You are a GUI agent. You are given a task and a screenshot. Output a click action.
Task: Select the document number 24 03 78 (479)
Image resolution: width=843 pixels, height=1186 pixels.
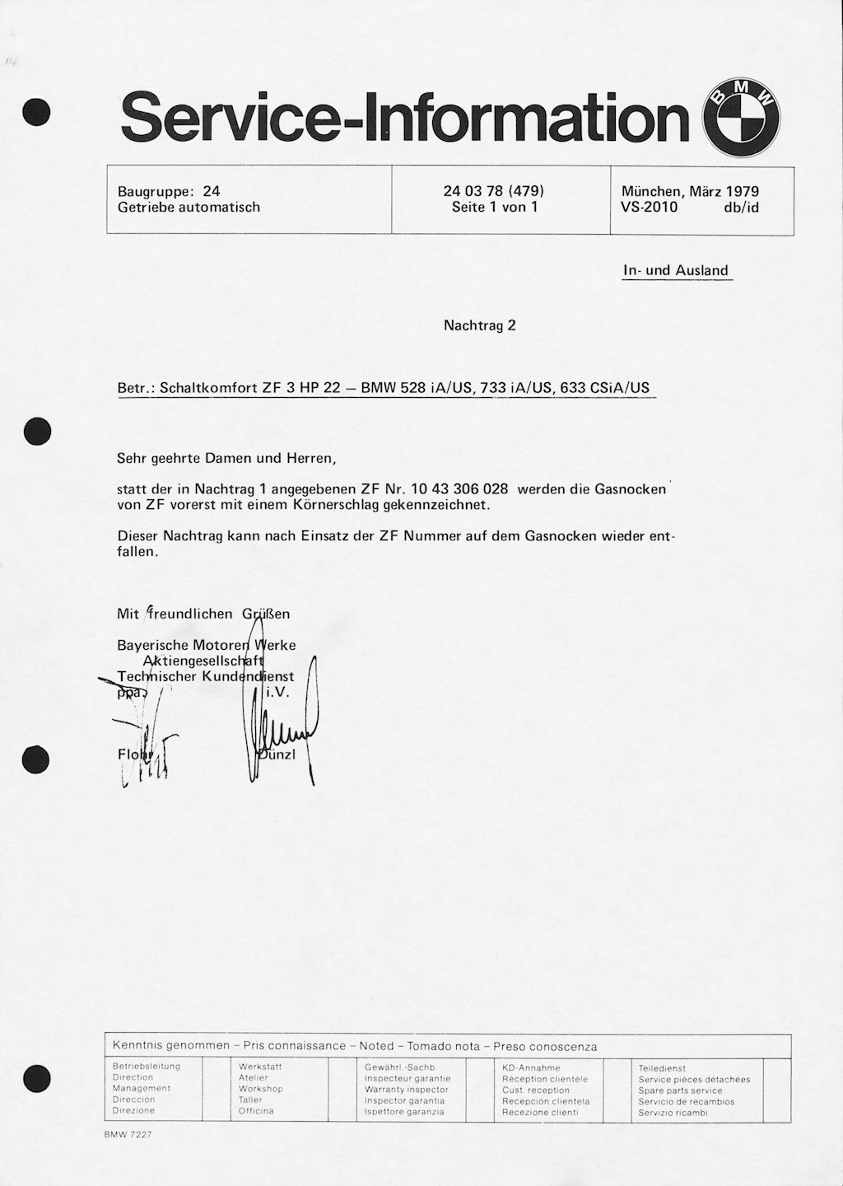(x=494, y=191)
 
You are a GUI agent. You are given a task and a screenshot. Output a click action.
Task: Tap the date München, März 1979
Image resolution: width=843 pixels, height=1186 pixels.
(x=690, y=192)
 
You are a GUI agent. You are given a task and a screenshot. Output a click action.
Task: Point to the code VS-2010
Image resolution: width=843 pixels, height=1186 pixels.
(x=650, y=208)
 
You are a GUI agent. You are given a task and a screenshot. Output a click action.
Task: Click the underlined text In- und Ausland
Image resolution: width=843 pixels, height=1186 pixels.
(x=676, y=270)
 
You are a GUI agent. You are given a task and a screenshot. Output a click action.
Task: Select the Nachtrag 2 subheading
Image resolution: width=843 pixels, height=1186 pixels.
(x=479, y=325)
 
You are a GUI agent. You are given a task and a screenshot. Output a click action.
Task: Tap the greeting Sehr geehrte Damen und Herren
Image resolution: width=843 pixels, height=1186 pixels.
(x=226, y=457)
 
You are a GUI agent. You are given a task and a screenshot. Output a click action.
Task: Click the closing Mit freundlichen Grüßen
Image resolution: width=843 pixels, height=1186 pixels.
(x=203, y=614)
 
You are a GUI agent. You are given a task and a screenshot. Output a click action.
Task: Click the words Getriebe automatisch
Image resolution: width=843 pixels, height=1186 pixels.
(x=189, y=208)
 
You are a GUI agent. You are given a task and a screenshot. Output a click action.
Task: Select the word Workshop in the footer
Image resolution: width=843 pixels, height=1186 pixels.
(x=260, y=1089)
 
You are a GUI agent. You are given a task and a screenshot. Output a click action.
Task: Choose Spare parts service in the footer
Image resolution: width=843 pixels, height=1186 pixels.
(x=680, y=1090)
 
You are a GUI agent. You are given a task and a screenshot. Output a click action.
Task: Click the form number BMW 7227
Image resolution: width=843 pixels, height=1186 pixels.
(x=128, y=1134)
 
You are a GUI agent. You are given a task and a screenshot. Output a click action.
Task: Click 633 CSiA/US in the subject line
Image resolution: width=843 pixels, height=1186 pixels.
(x=604, y=388)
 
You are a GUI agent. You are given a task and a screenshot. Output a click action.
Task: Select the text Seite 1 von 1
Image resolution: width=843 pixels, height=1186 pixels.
(x=494, y=208)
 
